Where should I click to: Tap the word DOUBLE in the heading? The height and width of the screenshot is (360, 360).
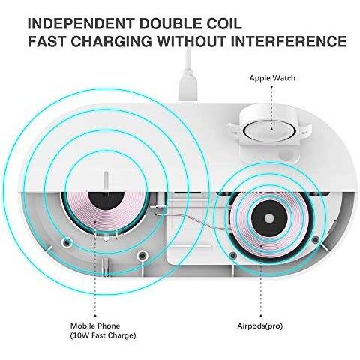click(x=173, y=23)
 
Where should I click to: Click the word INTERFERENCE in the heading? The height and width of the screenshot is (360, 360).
click(x=289, y=41)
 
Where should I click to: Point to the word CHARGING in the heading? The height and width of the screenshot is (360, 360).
click(x=111, y=41)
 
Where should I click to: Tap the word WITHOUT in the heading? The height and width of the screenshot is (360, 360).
click(x=191, y=41)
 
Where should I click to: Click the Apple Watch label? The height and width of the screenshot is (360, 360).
click(x=272, y=78)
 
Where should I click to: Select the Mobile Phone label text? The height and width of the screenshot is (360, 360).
click(x=95, y=325)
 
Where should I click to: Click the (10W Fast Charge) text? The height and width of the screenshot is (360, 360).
click(x=103, y=335)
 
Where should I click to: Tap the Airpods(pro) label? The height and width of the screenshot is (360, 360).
click(x=260, y=326)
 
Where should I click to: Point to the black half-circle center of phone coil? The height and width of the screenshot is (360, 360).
click(x=106, y=201)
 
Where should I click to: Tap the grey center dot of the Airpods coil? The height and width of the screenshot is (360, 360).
click(x=269, y=218)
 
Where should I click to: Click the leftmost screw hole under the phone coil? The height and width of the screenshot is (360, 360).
click(x=67, y=241)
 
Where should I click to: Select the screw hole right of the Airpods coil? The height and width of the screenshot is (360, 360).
click(x=316, y=240)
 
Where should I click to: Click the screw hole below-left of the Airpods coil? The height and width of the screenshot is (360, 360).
click(x=233, y=255)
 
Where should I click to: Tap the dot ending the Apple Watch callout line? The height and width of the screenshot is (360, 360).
click(x=272, y=130)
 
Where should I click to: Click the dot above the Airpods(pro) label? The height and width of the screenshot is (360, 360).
click(x=261, y=316)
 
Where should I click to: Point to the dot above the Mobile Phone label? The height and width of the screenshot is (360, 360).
click(x=95, y=316)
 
